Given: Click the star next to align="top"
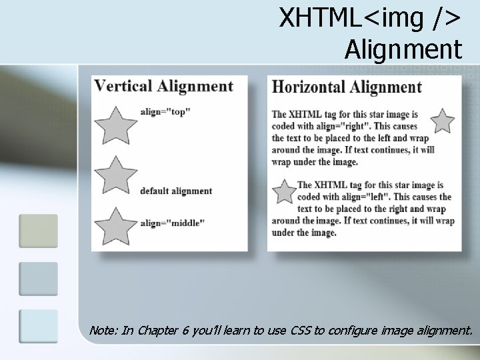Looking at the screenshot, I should click(x=116, y=125).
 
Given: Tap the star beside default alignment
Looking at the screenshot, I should click(x=116, y=175).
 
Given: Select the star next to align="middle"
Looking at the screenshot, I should click(x=116, y=226).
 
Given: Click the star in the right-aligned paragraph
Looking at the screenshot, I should click(x=442, y=121).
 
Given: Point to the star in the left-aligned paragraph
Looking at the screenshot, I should click(x=285, y=192).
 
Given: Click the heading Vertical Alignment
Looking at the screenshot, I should click(x=164, y=86).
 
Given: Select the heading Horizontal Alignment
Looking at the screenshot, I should click(x=347, y=87).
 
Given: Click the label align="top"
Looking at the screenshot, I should click(x=165, y=112).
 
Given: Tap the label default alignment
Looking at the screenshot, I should click(x=176, y=191).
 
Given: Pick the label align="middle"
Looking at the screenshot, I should click(x=173, y=223).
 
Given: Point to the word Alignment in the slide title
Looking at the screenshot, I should click(x=403, y=49).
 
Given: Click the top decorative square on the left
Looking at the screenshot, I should click(x=38, y=231).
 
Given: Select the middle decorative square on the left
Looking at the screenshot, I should click(x=38, y=278).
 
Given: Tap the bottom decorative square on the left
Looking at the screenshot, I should click(x=38, y=326).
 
